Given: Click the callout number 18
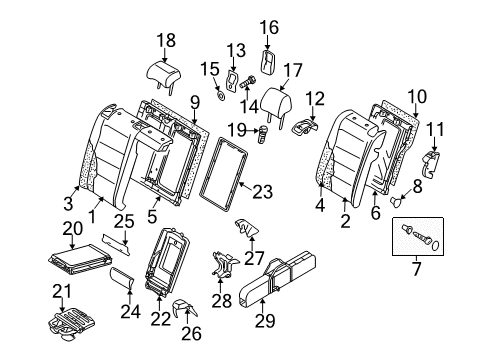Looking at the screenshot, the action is click(x=166, y=40).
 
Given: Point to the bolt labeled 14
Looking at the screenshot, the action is click(x=247, y=82).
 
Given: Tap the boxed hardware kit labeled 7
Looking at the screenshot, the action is click(x=418, y=236).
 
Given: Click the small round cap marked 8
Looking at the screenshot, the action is click(x=396, y=202).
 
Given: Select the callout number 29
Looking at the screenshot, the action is click(x=265, y=320).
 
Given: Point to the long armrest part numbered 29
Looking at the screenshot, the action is click(x=277, y=280).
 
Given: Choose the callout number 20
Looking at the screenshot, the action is click(x=73, y=229).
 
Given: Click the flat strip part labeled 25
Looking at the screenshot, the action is click(x=116, y=244).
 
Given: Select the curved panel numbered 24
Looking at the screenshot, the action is click(x=122, y=277).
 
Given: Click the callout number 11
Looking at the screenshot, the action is click(x=436, y=129).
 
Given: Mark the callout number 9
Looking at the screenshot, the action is click(x=195, y=102).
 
